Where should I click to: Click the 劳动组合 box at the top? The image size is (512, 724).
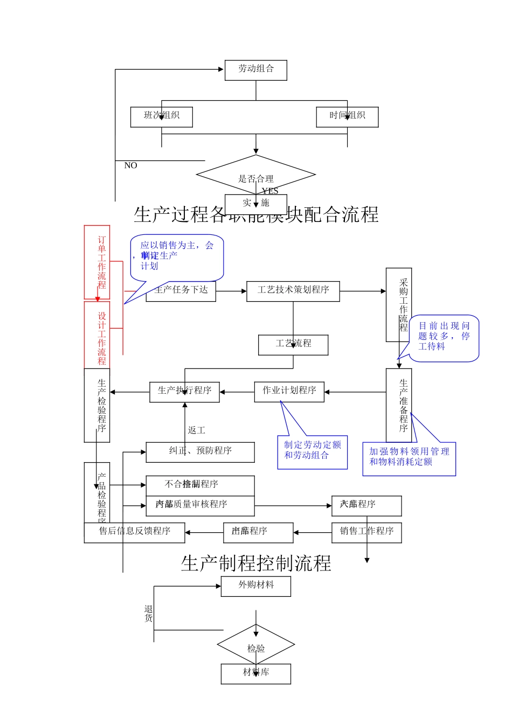tap(255, 70)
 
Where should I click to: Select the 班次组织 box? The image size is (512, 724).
tap(161, 117)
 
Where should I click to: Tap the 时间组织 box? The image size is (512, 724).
tap(347, 117)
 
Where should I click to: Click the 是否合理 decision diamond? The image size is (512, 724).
tap(255, 175)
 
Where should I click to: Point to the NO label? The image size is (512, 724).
tap(130, 166)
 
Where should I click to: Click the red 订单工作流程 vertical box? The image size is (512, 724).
tap(97, 262)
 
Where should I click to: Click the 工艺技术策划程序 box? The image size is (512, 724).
tap(293, 291)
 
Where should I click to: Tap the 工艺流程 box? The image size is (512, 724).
tap(293, 345)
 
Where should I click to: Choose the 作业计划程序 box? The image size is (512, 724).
tap(289, 392)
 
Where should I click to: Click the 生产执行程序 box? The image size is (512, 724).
tap(184, 392)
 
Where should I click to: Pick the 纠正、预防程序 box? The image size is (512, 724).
tap(200, 452)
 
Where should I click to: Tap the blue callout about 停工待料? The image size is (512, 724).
tap(444, 337)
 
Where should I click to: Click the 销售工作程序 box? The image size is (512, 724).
tap(366, 532)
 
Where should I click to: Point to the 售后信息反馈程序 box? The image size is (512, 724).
tap(134, 532)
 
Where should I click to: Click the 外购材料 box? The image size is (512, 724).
tap(255, 586)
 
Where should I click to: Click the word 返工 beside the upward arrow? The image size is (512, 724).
tap(196, 430)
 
